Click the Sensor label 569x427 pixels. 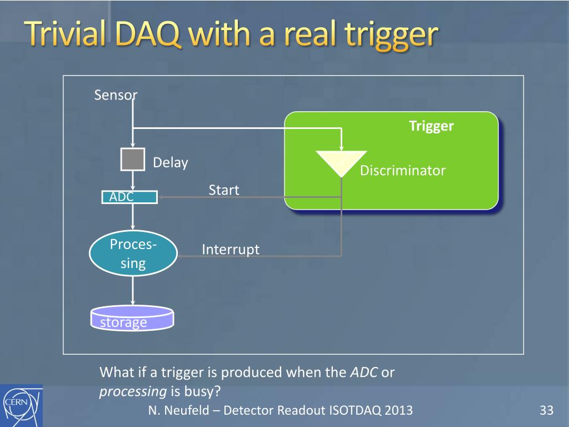[116, 95]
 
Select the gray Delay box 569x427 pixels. [133, 159]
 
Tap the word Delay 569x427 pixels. [171, 163]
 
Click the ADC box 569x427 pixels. [129, 197]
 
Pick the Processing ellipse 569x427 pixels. [133, 253]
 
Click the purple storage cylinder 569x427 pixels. [132, 318]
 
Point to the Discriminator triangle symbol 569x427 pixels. [341, 163]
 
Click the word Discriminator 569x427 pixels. [403, 170]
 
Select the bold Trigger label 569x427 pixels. [431, 126]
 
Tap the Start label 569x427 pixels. [224, 190]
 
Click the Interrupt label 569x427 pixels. [231, 250]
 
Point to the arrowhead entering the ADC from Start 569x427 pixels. [160, 197]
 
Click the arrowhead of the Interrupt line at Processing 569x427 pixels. [179, 256]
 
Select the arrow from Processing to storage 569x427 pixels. [133, 290]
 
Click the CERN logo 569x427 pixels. [21, 405]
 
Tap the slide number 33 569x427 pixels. [547, 410]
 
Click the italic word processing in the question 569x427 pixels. [133, 391]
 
